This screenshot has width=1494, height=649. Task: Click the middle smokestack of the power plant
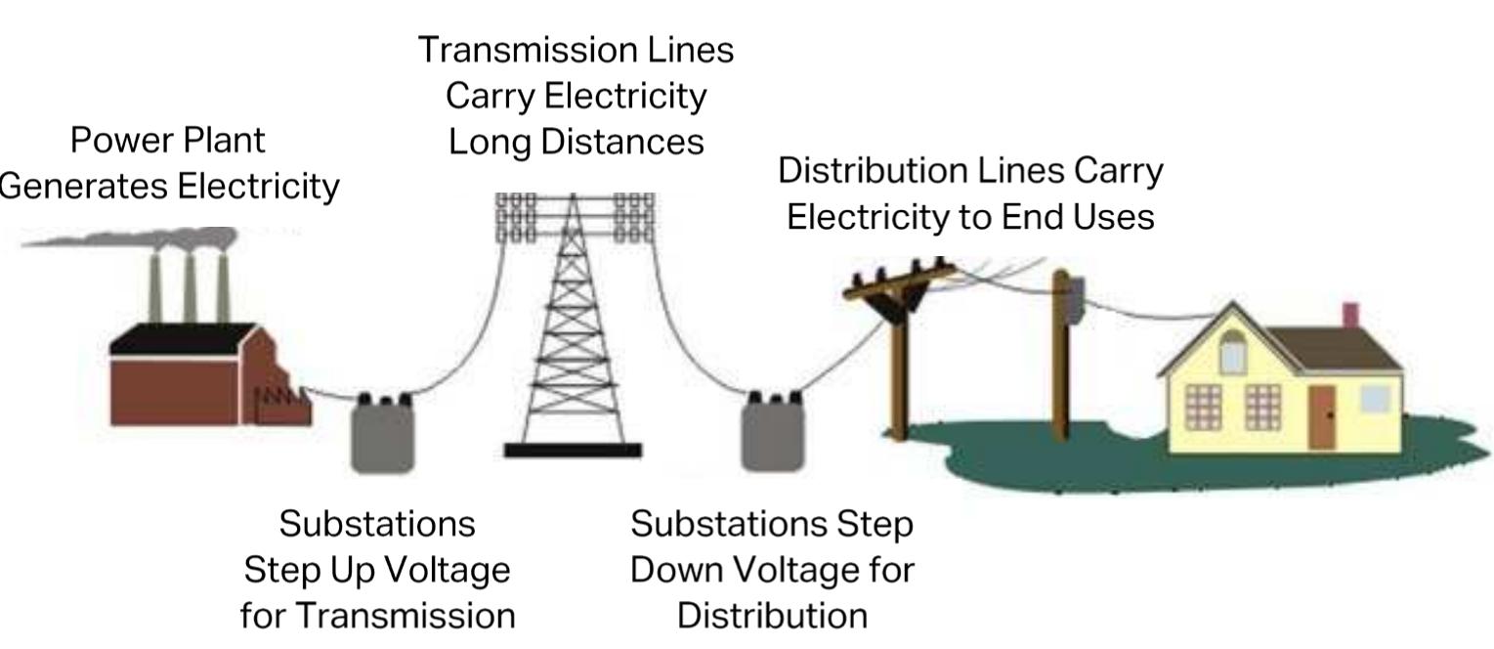click(x=190, y=288)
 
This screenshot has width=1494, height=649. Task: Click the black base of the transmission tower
click(x=573, y=451)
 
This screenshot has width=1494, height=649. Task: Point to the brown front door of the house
click(x=1322, y=416)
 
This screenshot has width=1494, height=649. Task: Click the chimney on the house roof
click(x=1350, y=317)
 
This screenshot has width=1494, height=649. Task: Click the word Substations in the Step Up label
click(x=377, y=524)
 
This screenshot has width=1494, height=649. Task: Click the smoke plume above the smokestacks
click(x=127, y=238)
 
